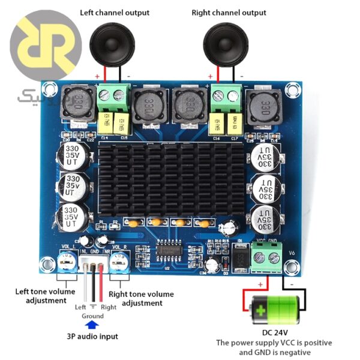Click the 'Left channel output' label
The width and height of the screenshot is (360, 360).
(115, 13)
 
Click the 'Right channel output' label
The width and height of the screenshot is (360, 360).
(229, 13)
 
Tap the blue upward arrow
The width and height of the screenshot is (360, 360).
(92, 325)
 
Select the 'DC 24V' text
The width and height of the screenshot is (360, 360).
(275, 332)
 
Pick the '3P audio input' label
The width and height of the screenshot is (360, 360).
(92, 337)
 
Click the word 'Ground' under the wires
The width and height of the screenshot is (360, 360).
(92, 316)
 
